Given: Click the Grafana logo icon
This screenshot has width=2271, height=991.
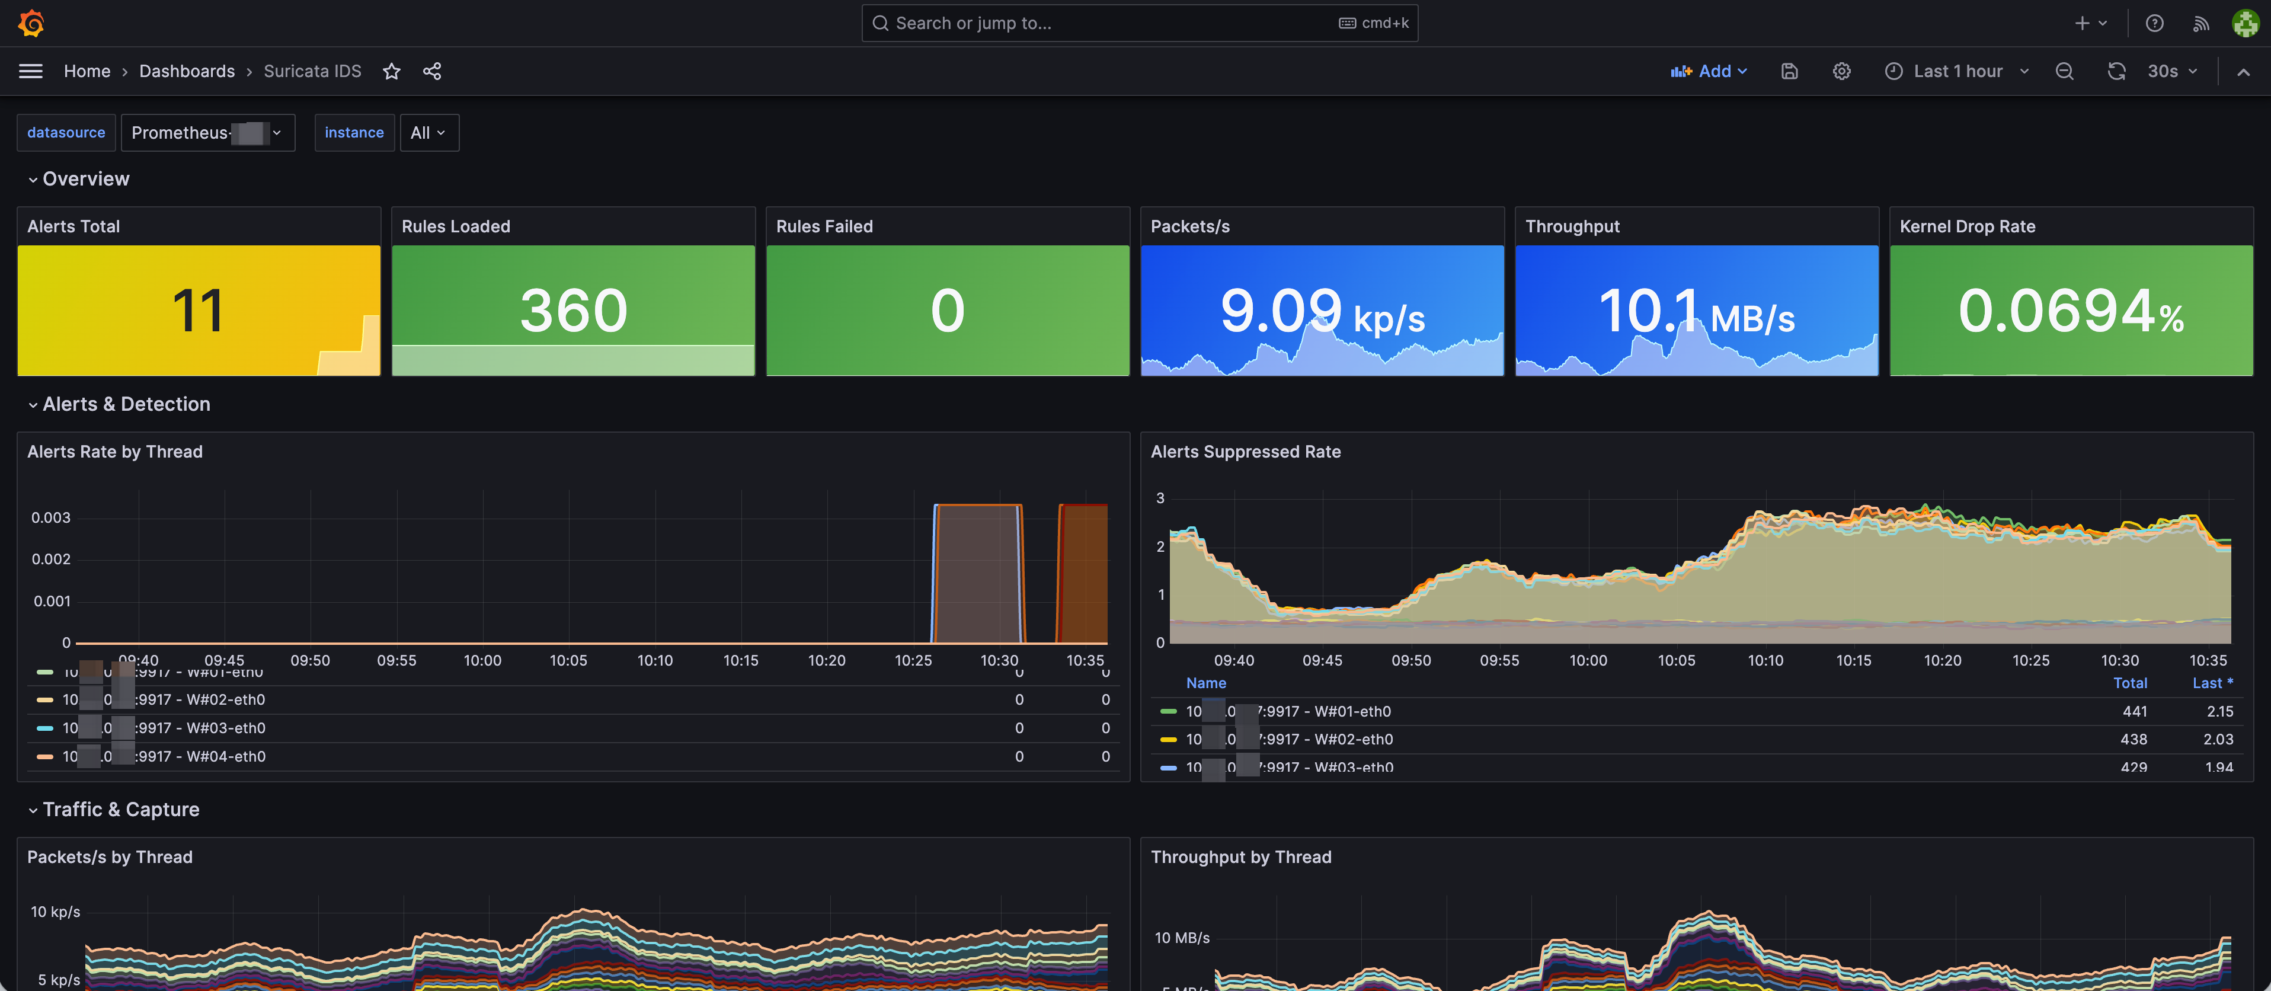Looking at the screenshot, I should click(31, 23).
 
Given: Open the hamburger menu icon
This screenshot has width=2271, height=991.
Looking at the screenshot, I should click(31, 71).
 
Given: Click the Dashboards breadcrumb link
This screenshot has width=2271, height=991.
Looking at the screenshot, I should click(187, 71).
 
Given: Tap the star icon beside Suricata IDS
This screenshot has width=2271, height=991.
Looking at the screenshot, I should click(391, 71).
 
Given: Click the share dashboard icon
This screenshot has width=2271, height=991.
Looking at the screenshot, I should click(432, 71).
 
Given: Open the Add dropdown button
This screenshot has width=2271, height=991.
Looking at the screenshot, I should click(1709, 71).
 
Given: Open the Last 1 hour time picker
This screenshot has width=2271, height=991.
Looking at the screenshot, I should click(1957, 71).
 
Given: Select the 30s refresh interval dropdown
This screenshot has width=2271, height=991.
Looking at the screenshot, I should click(2172, 71).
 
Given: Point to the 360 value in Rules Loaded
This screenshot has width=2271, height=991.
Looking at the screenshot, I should click(573, 311).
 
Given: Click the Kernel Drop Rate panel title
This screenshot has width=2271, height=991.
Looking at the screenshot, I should click(1967, 226).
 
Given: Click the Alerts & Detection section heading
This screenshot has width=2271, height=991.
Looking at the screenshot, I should click(126, 404).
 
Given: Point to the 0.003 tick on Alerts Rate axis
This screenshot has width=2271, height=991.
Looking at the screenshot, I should click(50, 517).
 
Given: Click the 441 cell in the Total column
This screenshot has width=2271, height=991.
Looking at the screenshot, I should click(2134, 711).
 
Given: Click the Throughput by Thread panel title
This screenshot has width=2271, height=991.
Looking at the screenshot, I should click(1240, 857).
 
